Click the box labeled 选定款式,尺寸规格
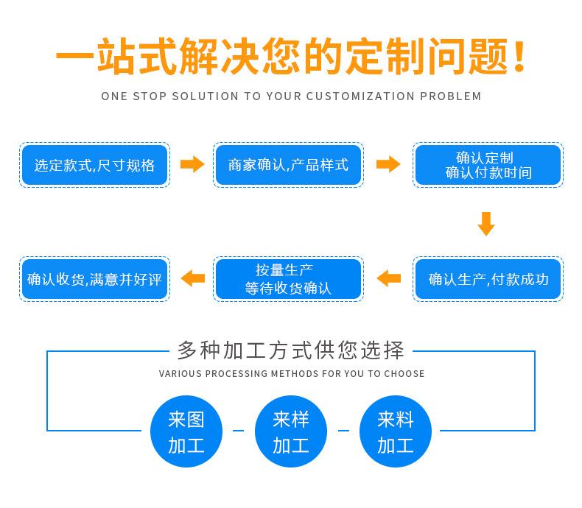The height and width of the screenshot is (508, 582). (x=94, y=165)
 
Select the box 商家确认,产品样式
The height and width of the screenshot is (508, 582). (x=288, y=165)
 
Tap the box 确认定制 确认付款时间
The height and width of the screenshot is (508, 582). (x=488, y=165)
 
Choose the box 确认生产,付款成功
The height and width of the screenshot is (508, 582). (x=488, y=279)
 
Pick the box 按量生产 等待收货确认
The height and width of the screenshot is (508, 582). (x=288, y=279)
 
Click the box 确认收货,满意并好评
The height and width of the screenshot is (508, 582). (x=94, y=279)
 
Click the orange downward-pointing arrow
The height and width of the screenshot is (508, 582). (x=486, y=224)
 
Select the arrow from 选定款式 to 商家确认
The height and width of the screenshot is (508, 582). (x=192, y=164)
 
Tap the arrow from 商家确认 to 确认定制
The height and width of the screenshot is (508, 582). (x=388, y=164)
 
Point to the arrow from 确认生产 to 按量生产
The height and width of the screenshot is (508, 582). (x=389, y=278)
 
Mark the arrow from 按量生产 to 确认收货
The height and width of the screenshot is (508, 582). (x=192, y=278)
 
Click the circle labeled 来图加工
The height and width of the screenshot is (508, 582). (x=186, y=431)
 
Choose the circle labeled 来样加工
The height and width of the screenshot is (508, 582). (x=291, y=431)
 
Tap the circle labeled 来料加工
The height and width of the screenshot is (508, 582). (x=396, y=431)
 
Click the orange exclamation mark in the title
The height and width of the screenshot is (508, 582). (x=519, y=56)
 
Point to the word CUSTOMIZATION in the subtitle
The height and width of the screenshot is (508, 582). (x=360, y=96)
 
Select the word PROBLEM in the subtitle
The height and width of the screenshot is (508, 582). (x=451, y=96)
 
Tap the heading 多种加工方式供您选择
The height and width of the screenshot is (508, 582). (x=290, y=350)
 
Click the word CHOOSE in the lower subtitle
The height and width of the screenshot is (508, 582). (x=404, y=373)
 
